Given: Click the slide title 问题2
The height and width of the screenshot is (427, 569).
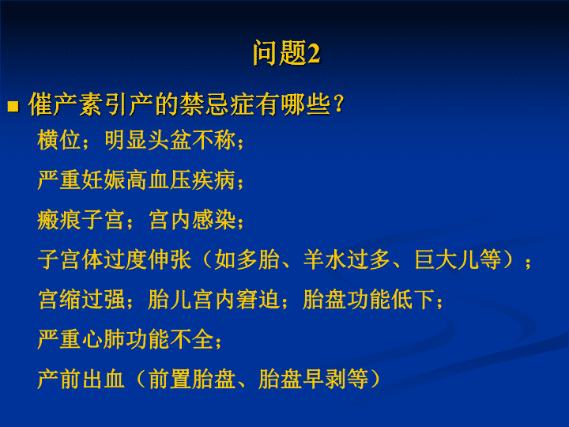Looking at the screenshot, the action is (x=286, y=53).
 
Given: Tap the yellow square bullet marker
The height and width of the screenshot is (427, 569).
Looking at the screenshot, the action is (x=13, y=107).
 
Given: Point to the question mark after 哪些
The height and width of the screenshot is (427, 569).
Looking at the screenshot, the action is (x=339, y=104).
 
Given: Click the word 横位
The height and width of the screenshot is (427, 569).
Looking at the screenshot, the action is (x=58, y=140).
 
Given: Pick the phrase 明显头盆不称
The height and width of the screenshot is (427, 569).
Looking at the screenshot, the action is (x=170, y=140).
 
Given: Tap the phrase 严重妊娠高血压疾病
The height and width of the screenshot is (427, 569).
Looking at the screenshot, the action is (x=137, y=179).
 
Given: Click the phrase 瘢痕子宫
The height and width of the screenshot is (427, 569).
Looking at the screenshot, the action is (x=81, y=220).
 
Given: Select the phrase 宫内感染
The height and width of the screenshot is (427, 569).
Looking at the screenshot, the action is (x=192, y=220).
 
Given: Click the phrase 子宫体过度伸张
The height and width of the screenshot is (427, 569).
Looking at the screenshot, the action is (x=115, y=259).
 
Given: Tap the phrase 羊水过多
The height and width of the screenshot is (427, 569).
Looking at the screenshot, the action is (x=347, y=259).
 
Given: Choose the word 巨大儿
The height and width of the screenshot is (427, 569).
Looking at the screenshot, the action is (x=447, y=259).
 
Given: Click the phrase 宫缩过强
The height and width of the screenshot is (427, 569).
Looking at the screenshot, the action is (x=81, y=300).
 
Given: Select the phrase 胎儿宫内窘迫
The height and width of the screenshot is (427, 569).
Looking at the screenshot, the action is (x=213, y=300).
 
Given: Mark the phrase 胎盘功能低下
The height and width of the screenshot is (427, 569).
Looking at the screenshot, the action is (x=368, y=300).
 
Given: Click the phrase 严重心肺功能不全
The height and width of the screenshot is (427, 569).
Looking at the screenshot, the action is (x=126, y=339).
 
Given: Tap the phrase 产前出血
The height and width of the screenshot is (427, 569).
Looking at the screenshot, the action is (x=81, y=380).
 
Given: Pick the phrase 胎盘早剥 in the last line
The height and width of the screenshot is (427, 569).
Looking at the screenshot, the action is (x=302, y=380).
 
